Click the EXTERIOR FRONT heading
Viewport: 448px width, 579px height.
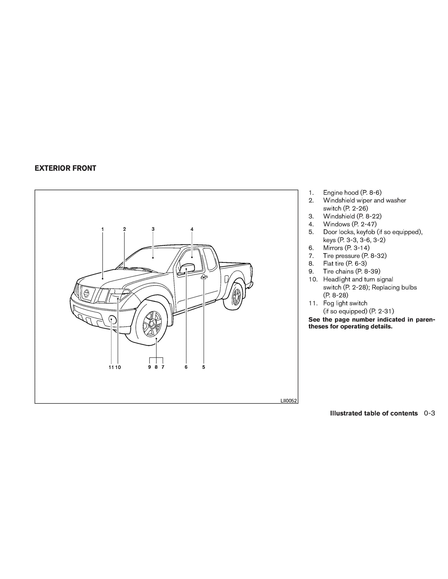click(x=65, y=168)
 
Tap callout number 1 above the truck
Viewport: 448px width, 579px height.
click(x=102, y=229)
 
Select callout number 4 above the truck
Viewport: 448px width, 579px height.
click(x=192, y=229)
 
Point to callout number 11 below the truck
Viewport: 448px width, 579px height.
click(x=111, y=367)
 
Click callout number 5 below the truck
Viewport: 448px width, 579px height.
click(x=204, y=367)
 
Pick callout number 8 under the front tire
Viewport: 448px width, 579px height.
click(x=156, y=367)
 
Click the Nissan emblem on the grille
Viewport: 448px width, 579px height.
click(x=86, y=293)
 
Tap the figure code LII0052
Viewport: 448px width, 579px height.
click(x=289, y=401)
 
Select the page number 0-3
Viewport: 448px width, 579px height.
click(x=429, y=413)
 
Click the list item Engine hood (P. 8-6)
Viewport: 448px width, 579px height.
click(x=352, y=193)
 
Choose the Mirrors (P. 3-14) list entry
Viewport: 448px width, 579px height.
click(x=346, y=248)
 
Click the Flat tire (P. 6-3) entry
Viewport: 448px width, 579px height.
click(x=345, y=263)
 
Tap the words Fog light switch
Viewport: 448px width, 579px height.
click(x=345, y=303)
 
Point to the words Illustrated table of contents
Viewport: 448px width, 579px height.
click(x=374, y=413)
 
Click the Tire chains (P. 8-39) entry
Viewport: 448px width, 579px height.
click(x=352, y=272)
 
